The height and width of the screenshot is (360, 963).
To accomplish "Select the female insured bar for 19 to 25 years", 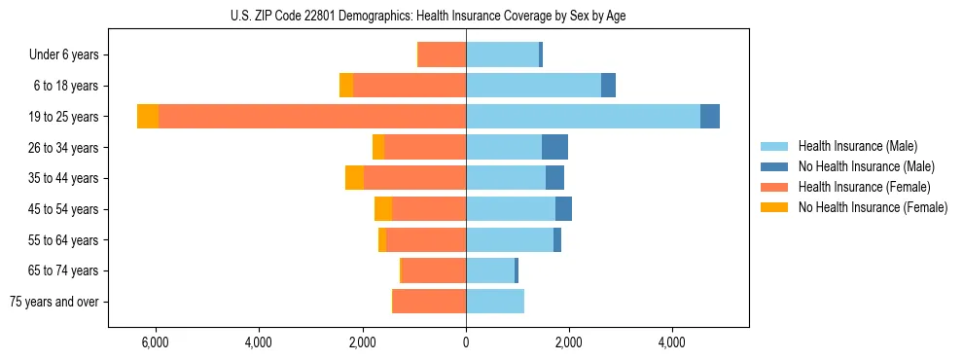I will pos(311,117).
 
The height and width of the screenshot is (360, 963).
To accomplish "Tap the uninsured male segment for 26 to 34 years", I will pos(554,147).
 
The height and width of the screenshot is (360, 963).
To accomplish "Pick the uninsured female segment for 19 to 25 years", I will pos(148,117).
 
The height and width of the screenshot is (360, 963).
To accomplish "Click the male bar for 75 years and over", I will pos(495,302).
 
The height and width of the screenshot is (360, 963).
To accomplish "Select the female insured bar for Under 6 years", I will pos(442,54).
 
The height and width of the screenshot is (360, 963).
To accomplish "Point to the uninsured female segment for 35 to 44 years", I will pos(354,178).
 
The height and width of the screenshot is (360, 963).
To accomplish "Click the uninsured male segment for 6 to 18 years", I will pos(608,86).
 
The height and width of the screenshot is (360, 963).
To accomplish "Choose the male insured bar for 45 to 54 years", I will pos(511,209).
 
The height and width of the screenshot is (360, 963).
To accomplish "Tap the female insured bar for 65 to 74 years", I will pos(434,270).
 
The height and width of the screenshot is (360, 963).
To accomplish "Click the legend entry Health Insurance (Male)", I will pos(857,146).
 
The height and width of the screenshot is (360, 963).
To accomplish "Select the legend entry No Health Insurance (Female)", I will pos(873,207).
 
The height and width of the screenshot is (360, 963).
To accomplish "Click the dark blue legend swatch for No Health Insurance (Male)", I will pos(774,166).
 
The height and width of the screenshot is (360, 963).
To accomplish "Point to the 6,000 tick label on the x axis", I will pos(156,343).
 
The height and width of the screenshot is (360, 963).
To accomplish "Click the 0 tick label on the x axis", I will pos(466,343).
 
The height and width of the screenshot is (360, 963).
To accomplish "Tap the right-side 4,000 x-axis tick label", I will pos(672,343).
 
